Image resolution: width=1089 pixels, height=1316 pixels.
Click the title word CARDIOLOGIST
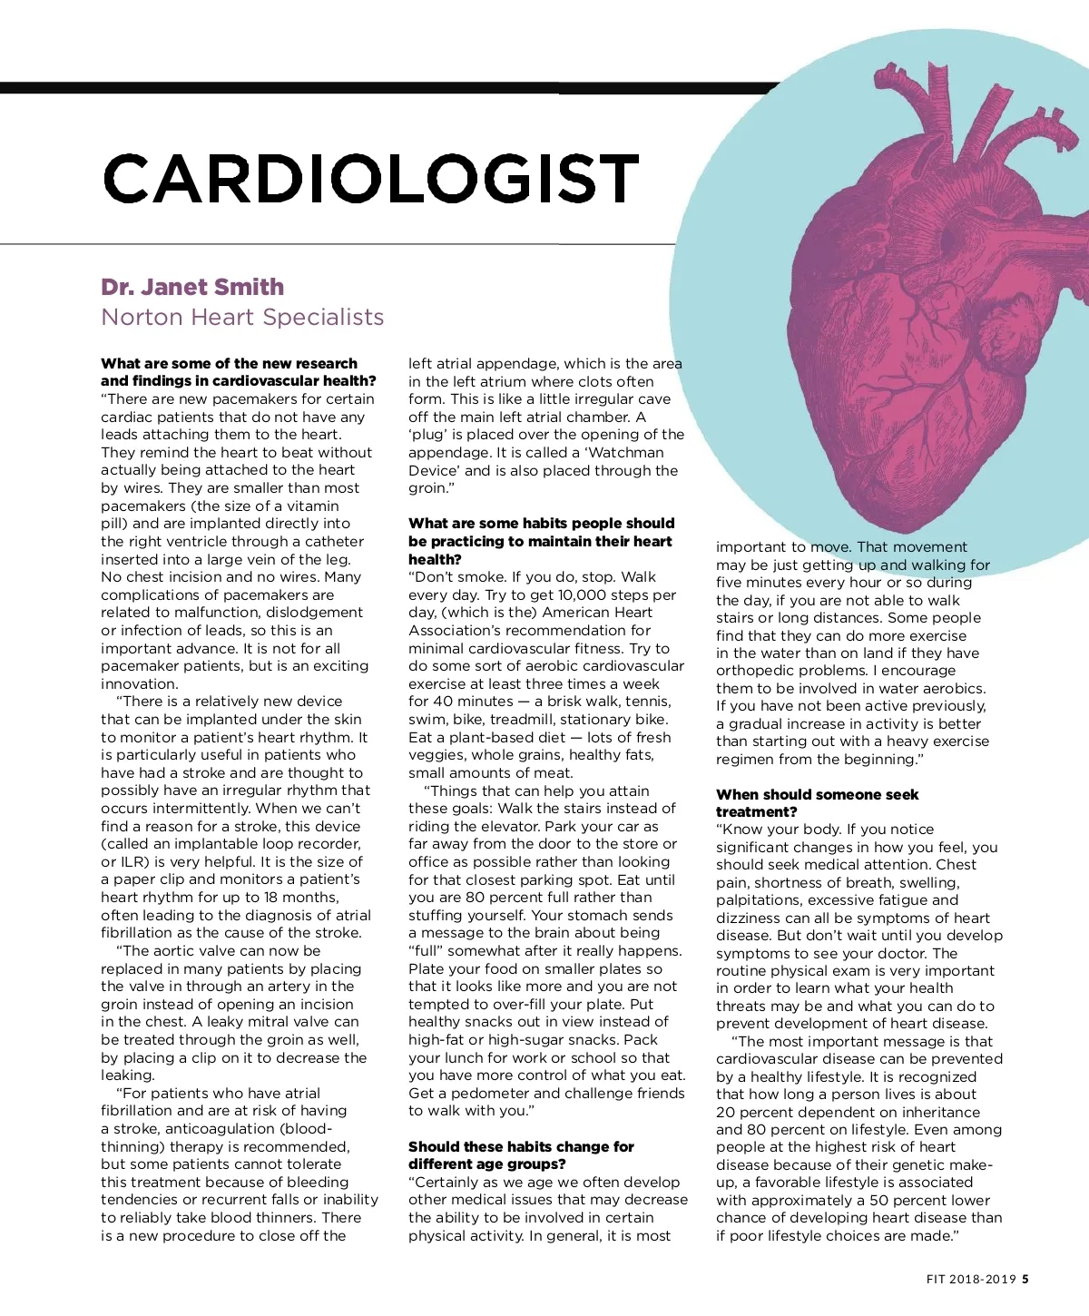pos(372,178)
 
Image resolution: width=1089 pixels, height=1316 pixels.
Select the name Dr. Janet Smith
pos(192,287)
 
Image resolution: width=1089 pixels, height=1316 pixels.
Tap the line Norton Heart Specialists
pos(242,317)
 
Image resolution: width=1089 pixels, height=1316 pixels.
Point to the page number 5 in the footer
pos(1025,1280)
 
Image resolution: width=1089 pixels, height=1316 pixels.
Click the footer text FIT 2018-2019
pos(971,1280)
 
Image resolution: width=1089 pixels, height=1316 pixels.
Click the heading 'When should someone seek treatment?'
pos(817,802)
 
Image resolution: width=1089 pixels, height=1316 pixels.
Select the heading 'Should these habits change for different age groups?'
pos(521,1155)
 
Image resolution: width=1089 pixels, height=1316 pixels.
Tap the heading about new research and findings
pos(238,372)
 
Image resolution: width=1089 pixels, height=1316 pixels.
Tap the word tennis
pos(647,701)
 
